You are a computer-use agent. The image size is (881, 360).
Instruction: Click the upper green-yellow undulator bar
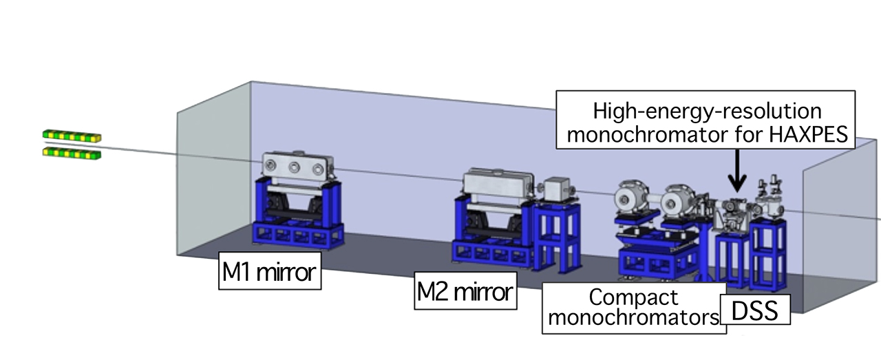72,135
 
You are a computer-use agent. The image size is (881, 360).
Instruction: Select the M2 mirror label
465,292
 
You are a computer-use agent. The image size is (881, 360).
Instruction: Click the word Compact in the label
634,298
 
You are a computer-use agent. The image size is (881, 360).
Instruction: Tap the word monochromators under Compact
634,318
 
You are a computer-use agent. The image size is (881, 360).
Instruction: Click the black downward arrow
737,172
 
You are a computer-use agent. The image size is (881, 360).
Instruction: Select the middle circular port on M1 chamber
295,166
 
